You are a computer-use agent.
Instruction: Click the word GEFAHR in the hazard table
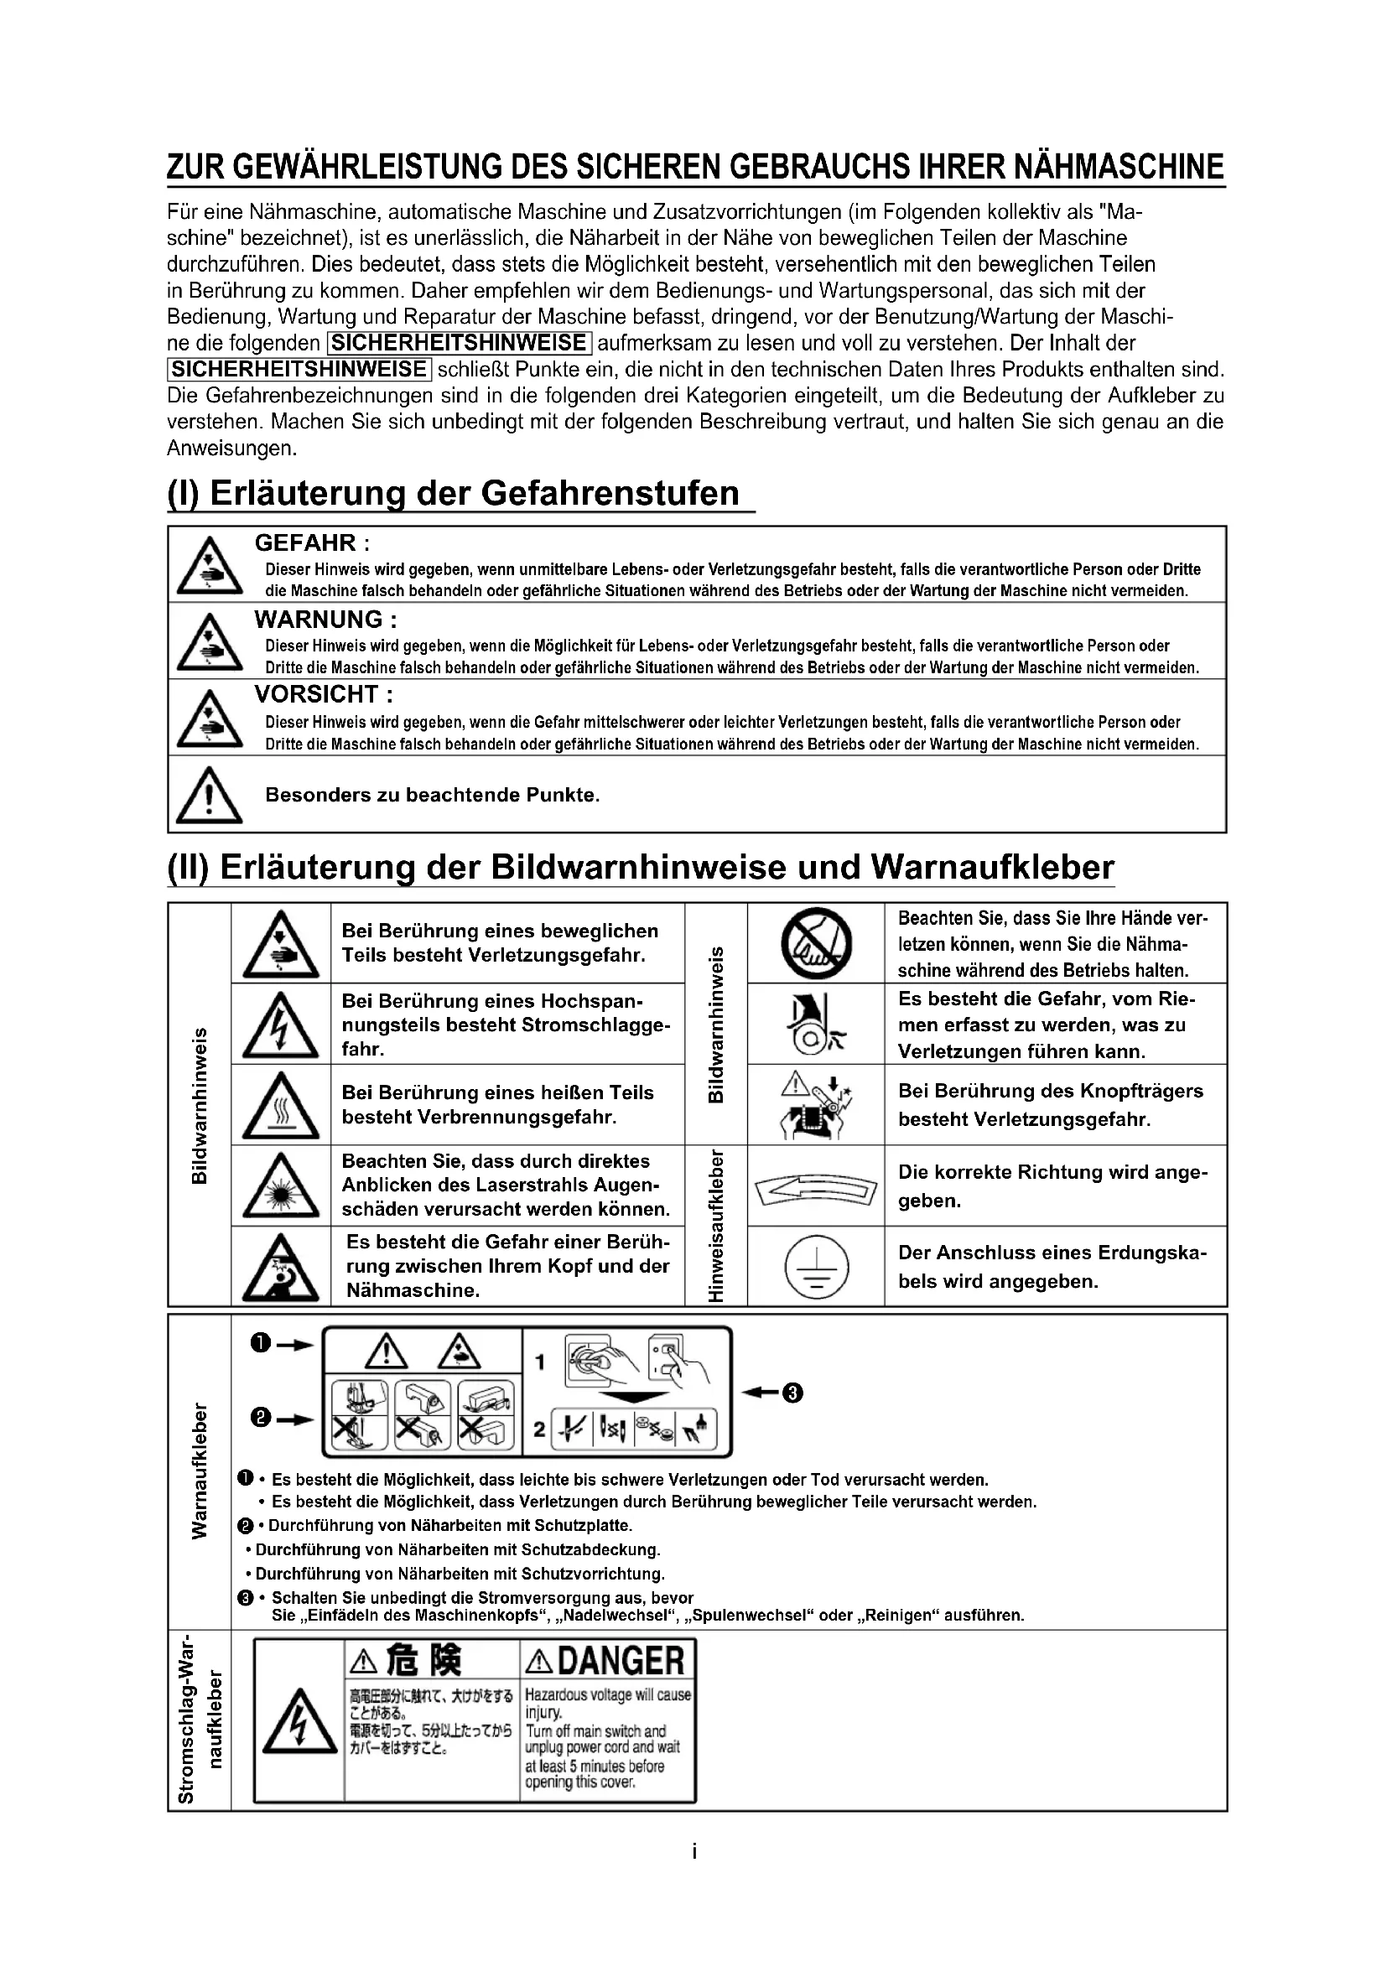(x=305, y=542)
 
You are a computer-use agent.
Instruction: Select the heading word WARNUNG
(x=318, y=620)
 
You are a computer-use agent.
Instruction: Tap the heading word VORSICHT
(x=316, y=694)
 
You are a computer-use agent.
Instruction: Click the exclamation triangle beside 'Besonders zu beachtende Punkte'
(x=209, y=795)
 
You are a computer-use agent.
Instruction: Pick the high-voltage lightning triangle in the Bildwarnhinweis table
(x=280, y=1025)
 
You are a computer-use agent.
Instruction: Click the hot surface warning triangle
(x=280, y=1106)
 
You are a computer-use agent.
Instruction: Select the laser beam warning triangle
(x=280, y=1186)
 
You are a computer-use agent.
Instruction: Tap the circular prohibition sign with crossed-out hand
(x=816, y=943)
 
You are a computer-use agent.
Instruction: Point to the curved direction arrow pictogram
(x=816, y=1187)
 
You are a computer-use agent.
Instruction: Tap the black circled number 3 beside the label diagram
(x=792, y=1393)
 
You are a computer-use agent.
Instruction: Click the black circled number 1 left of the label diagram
(x=261, y=1343)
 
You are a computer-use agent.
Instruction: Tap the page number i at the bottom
(x=694, y=1852)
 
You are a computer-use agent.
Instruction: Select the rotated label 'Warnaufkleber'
(x=199, y=1471)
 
